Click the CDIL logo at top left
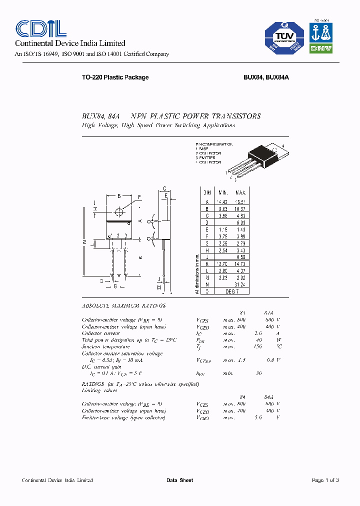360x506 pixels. [x=38, y=28]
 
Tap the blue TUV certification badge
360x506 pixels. [x=284, y=38]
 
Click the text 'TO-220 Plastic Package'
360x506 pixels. [x=115, y=77]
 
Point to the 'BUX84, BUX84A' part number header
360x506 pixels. [x=267, y=77]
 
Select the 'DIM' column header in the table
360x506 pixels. [x=206, y=192]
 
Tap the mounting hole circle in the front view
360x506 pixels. [x=118, y=210]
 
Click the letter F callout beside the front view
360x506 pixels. [x=139, y=196]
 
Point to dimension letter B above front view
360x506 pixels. [x=118, y=196]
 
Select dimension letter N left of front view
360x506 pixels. [x=84, y=241]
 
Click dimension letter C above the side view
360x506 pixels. [x=164, y=189]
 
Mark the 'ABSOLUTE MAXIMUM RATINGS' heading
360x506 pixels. [x=123, y=305]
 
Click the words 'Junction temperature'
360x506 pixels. [x=105, y=346]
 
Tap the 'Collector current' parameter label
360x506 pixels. [x=101, y=333]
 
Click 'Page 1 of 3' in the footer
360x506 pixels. [x=325, y=480]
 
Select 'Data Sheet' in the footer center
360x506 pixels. [x=179, y=480]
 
